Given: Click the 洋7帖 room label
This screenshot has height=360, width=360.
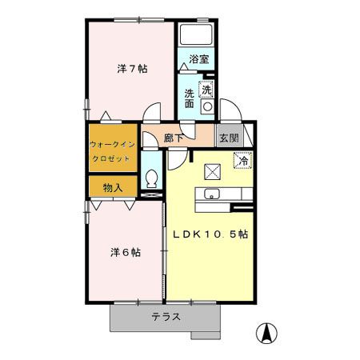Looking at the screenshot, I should click(x=130, y=68).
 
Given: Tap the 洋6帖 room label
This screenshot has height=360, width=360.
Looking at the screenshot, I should click(x=125, y=252).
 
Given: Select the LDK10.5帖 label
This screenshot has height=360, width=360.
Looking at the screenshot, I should click(x=210, y=234).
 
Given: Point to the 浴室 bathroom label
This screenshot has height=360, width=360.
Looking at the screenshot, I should click(x=198, y=58).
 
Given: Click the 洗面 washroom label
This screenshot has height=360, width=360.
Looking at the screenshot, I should click(x=190, y=98).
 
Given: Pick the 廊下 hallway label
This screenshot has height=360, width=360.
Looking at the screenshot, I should click(x=174, y=138).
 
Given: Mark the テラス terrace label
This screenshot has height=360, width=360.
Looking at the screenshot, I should click(x=166, y=317).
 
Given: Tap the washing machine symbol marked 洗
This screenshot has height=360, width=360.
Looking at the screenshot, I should click(x=207, y=89).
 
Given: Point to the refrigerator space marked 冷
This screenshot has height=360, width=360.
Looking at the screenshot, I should click(x=241, y=160).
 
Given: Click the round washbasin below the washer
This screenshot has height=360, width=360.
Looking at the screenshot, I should click(x=207, y=106).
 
